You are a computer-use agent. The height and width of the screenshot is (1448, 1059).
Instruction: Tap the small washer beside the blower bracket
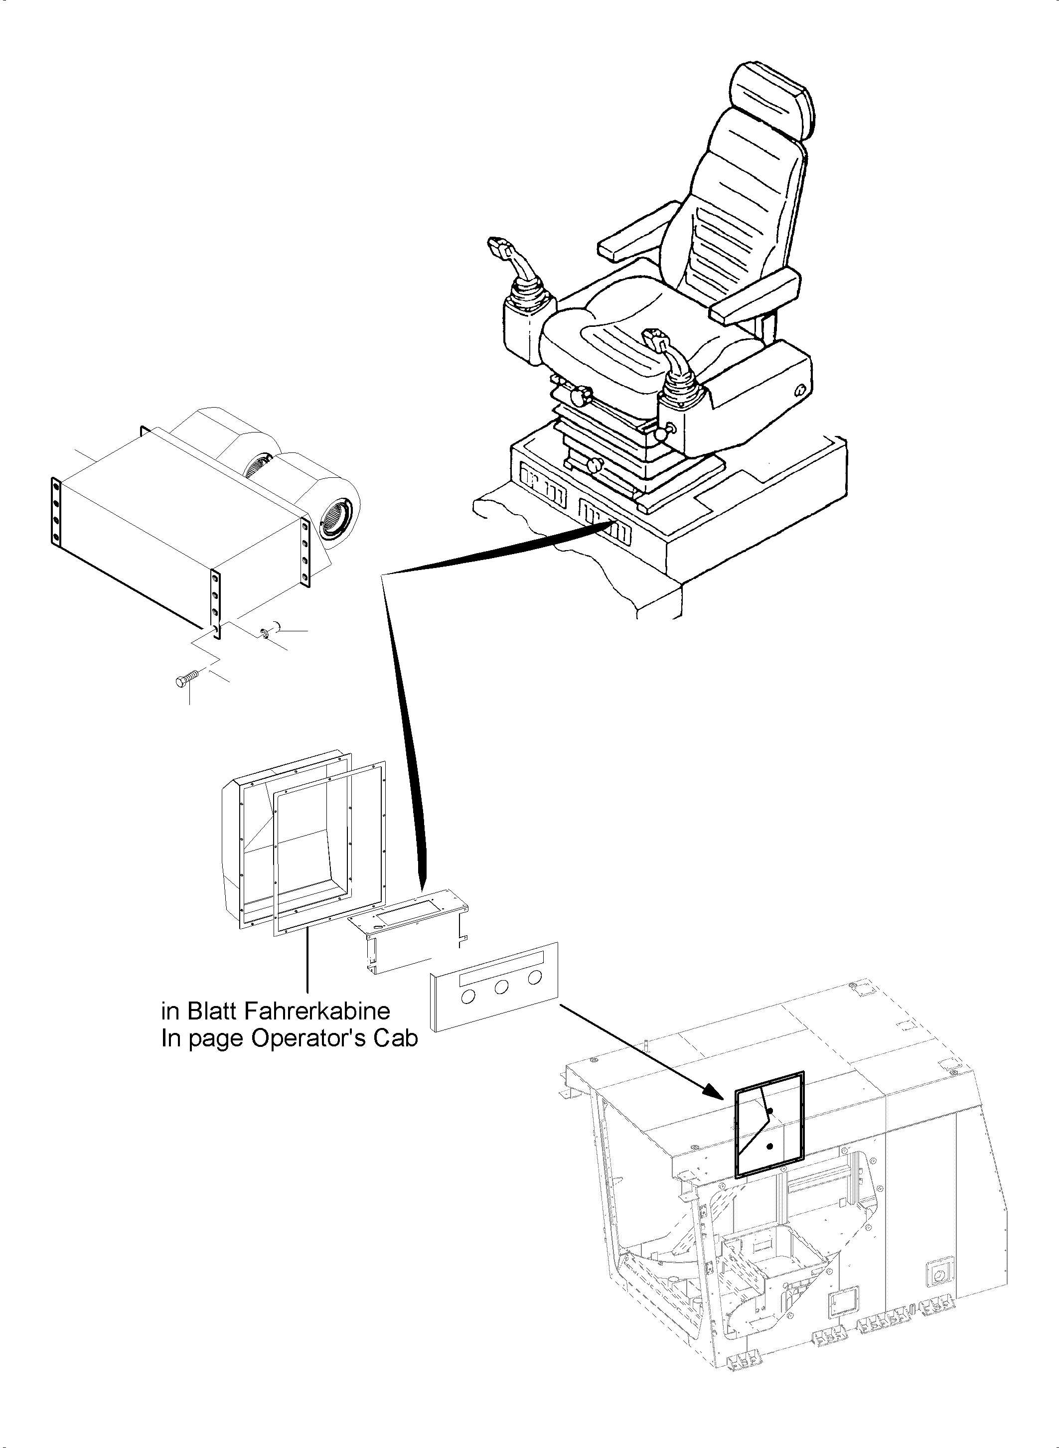264,633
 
